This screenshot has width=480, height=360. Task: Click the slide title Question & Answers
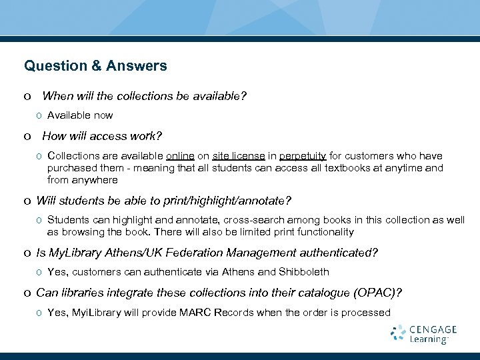click(x=95, y=66)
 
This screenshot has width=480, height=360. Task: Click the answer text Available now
click(x=80, y=115)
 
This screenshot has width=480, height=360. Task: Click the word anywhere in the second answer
click(x=95, y=180)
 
